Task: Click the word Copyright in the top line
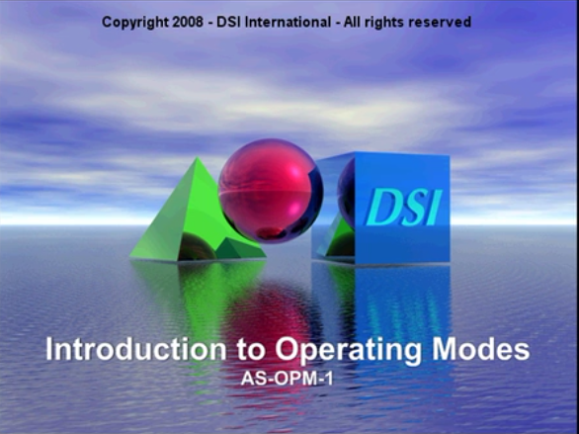click(135, 23)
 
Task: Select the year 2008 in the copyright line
click(188, 22)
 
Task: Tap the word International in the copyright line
click(289, 22)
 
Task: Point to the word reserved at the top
click(440, 22)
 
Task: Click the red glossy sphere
click(271, 191)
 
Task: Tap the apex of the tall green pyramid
click(198, 157)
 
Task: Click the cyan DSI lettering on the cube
click(403, 208)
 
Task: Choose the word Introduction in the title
click(135, 349)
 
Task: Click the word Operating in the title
click(348, 352)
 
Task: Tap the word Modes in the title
click(481, 349)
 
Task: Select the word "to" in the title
click(251, 351)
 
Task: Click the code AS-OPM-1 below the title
click(287, 379)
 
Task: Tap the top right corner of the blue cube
click(450, 155)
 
